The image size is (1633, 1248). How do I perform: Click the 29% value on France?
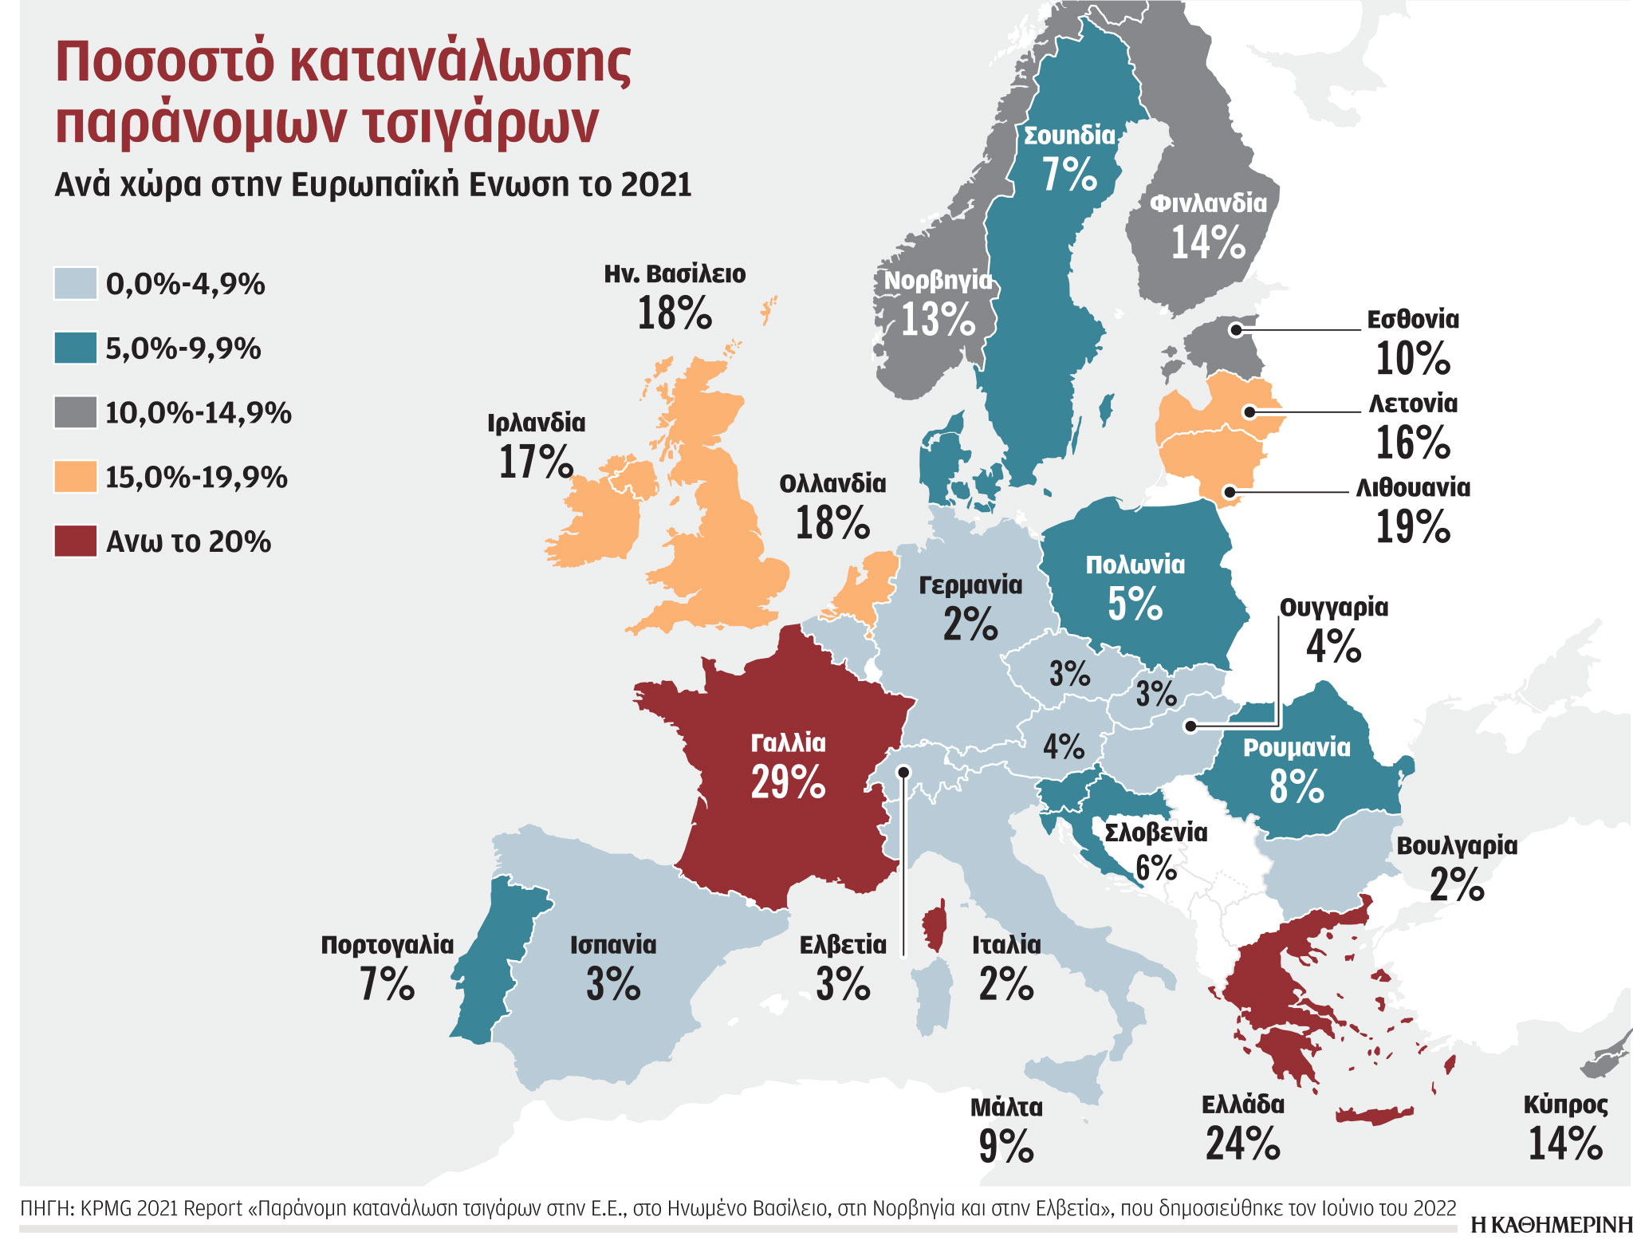point(788,782)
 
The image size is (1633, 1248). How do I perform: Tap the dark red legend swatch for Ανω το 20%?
point(76,541)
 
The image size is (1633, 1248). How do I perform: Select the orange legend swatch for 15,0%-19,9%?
point(76,476)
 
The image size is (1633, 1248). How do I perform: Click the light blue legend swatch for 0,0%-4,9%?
point(76,283)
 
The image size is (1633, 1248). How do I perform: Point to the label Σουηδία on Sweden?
point(1069,135)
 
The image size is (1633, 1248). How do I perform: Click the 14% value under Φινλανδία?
point(1207,242)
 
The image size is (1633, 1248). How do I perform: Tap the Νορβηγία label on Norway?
point(938,281)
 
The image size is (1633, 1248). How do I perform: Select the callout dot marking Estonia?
point(1235,329)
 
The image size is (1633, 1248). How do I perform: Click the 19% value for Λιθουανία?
point(1412,527)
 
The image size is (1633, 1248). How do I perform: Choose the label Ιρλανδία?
point(536,423)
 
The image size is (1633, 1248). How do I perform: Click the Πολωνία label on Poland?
point(1135,565)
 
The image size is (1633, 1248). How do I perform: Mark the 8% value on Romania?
point(1297,786)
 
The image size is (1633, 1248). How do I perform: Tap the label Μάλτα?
point(1005,1107)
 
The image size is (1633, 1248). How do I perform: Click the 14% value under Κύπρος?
point(1564,1144)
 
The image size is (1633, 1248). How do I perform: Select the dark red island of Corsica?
point(934,927)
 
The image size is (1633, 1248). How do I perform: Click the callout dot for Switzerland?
point(903,771)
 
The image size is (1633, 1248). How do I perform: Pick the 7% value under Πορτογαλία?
point(387,984)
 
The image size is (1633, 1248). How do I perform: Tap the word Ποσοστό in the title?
point(164,62)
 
